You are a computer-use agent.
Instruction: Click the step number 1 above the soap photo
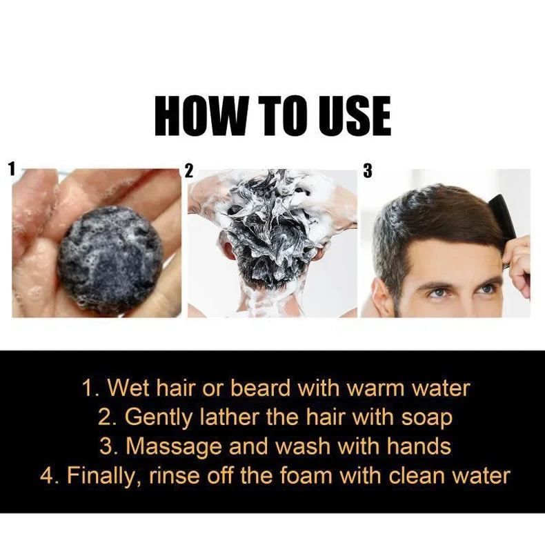(12, 169)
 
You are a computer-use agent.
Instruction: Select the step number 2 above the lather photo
(189, 170)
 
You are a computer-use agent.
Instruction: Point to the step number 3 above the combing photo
(368, 170)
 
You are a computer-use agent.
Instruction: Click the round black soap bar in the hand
(110, 260)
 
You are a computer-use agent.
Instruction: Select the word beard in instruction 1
(260, 388)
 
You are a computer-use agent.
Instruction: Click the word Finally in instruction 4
(101, 475)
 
